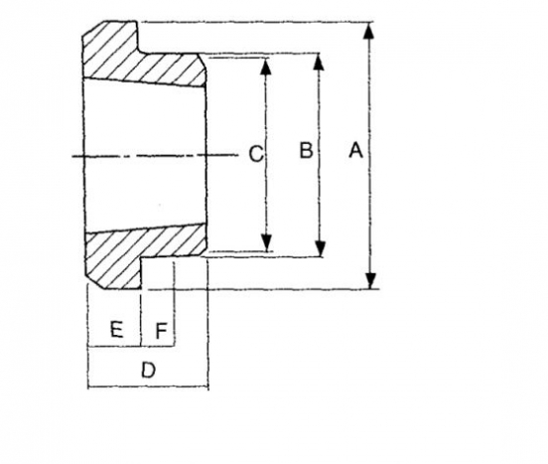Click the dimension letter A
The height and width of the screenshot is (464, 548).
pyautogui.click(x=355, y=150)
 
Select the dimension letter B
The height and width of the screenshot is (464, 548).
pyautogui.click(x=306, y=150)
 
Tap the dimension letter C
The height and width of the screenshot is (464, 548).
pyautogui.click(x=256, y=154)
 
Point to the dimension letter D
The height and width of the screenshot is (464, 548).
pyautogui.click(x=148, y=370)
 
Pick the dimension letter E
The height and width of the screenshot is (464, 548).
pyautogui.click(x=116, y=330)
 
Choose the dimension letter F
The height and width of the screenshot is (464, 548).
pyautogui.click(x=161, y=331)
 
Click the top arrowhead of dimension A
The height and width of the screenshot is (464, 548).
pyautogui.click(x=369, y=31)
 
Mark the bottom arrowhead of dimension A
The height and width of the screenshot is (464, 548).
pyautogui.click(x=370, y=280)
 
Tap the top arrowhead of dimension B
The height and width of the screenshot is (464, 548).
pyautogui.click(x=318, y=62)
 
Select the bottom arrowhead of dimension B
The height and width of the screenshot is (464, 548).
pyautogui.click(x=320, y=248)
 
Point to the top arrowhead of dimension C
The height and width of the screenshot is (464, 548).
pyautogui.click(x=266, y=67)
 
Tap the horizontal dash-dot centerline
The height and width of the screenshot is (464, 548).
pyautogui.click(x=155, y=155)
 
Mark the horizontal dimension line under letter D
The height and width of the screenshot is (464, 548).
pyautogui.click(x=148, y=387)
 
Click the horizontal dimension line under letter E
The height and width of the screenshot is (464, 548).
pyautogui.click(x=114, y=347)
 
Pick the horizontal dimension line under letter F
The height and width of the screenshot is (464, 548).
pyautogui.click(x=157, y=346)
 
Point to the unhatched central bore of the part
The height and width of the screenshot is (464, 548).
pyautogui.click(x=145, y=155)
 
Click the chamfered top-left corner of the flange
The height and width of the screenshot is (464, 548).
pyautogui.click(x=92, y=29)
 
